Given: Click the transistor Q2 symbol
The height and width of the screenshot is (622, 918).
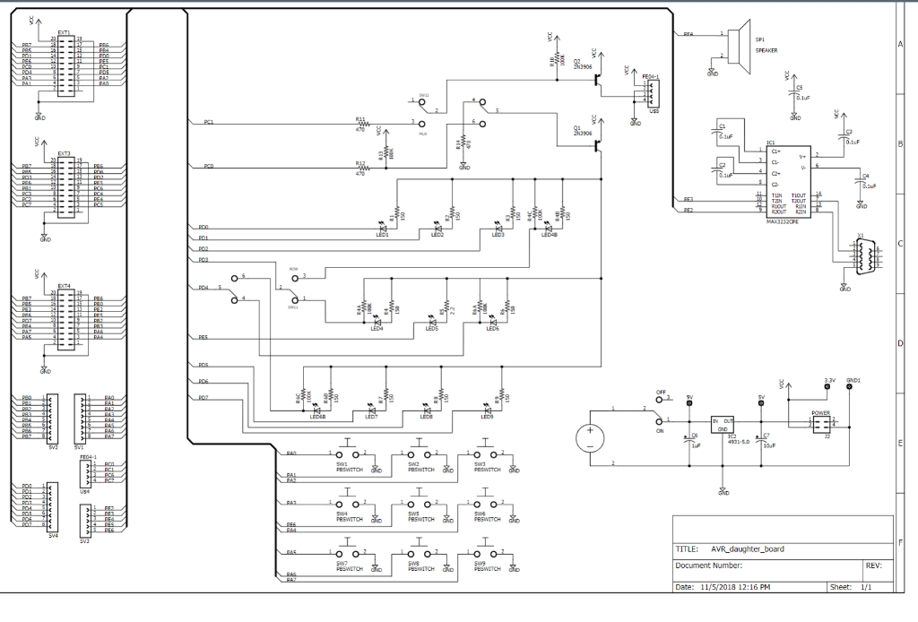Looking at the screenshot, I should (x=596, y=79).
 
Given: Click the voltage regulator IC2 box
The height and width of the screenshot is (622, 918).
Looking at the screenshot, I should (x=723, y=424).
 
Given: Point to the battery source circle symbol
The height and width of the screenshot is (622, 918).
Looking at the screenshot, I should (x=590, y=436).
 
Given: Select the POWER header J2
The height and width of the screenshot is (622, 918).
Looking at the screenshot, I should (x=822, y=424).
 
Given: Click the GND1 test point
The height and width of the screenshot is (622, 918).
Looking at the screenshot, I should (x=852, y=390).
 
